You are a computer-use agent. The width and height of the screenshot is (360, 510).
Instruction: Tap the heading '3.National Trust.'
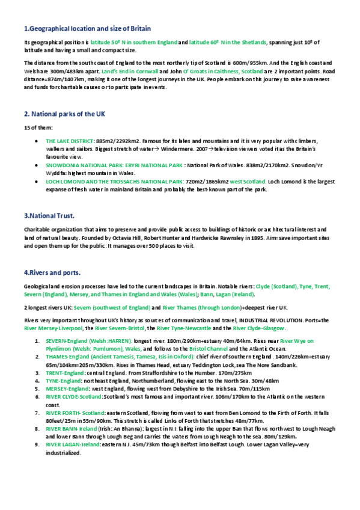(x=49, y=215)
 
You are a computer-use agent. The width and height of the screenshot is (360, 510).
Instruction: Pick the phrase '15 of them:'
(x=38, y=127)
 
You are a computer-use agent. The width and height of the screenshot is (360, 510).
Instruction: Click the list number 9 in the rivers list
(x=37, y=444)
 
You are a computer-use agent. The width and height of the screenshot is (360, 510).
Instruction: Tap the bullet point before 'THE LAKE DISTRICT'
(x=38, y=141)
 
